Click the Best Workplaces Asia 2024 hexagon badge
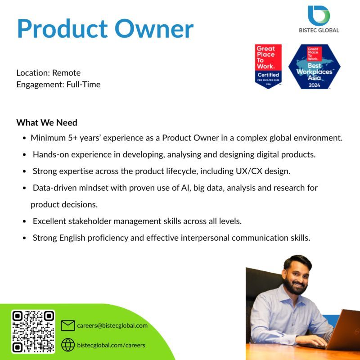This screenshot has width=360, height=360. click(314, 67)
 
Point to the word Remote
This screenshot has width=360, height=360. click(66, 72)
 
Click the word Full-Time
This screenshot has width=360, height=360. click(83, 84)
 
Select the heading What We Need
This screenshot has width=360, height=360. click(47, 122)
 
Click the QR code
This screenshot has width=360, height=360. click(33, 332)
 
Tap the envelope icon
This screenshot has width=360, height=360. click(67, 325)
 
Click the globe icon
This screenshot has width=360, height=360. click(67, 345)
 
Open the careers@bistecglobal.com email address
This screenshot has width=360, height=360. click(112, 325)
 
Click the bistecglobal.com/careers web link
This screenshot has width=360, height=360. click(111, 345)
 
